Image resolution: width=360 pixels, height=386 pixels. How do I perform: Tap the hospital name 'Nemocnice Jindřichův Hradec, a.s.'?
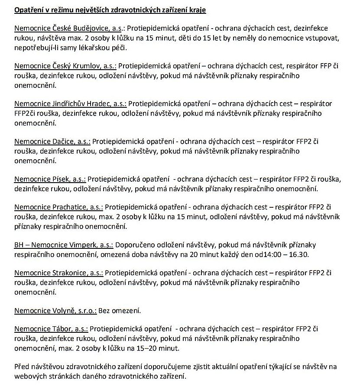coord(71,104)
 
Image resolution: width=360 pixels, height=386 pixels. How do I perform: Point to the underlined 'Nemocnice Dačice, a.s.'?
coord(52,142)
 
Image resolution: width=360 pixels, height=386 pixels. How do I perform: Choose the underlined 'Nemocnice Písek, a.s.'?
coord(50,179)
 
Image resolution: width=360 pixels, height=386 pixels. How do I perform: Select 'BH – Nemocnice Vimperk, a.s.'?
coord(64,244)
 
